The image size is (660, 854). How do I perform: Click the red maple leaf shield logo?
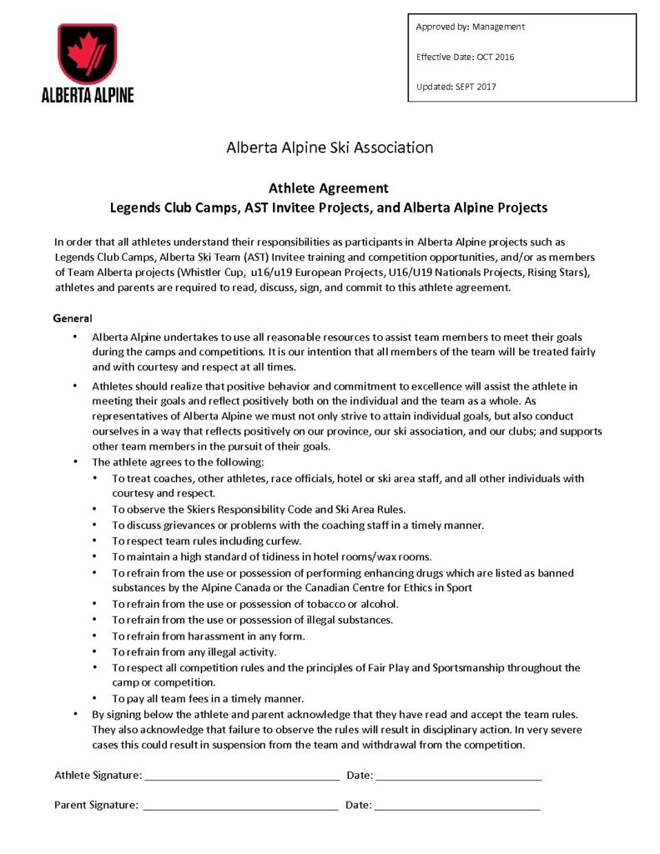point(88,53)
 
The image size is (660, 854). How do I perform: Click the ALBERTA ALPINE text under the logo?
point(88,94)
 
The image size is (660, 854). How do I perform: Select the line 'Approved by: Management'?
point(471,27)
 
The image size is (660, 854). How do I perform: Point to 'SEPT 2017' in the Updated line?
point(481,87)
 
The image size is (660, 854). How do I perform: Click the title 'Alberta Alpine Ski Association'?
point(330,148)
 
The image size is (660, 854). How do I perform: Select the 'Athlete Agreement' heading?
point(329,188)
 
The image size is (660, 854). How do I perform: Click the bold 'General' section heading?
point(73,319)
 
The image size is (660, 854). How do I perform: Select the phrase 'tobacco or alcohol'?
point(347,604)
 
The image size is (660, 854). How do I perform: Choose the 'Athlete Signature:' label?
point(98,776)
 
